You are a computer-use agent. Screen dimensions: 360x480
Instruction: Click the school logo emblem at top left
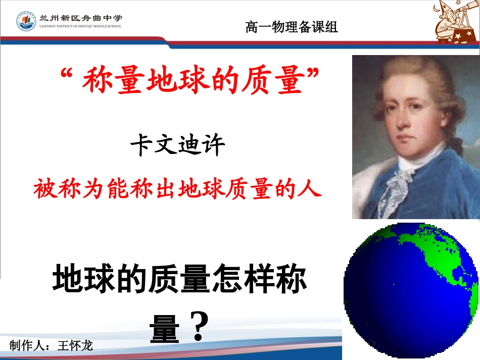(26, 21)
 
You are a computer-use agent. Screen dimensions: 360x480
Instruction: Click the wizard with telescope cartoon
(456, 22)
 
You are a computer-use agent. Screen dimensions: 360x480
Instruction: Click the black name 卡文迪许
(177, 145)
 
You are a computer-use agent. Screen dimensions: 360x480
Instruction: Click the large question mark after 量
(201, 327)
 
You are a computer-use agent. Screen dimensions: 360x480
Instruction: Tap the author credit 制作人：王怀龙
(51, 345)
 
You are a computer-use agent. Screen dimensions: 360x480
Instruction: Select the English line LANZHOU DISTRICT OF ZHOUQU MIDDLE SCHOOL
(80, 26)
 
